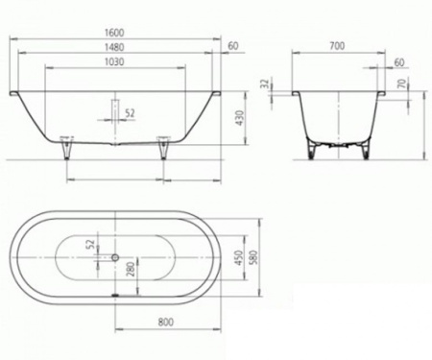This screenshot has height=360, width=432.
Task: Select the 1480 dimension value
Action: (116, 46)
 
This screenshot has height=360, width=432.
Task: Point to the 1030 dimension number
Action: (116, 61)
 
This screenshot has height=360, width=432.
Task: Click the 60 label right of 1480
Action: (232, 46)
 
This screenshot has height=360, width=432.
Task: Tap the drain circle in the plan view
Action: (116, 257)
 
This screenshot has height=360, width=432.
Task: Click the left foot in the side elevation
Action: (65, 148)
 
